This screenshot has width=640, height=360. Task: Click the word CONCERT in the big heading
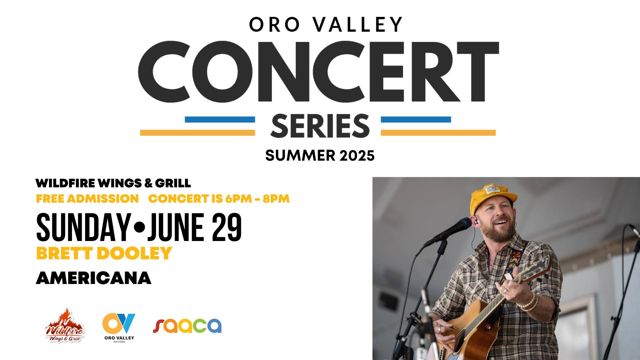pos(318,71)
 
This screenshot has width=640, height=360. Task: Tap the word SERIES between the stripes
pos(320,126)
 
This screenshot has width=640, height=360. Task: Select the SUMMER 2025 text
pos(320,156)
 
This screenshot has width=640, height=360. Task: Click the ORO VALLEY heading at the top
pos(326,24)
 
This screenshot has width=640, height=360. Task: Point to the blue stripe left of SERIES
pos(220,119)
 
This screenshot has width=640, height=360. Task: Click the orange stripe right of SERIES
pos(438,133)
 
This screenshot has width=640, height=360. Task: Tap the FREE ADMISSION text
pos(87,199)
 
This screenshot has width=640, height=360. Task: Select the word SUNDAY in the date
pos(83,228)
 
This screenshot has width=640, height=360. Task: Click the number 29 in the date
pos(226,228)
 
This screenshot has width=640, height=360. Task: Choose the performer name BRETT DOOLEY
pos(104,253)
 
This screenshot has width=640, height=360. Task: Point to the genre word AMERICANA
pos(94,278)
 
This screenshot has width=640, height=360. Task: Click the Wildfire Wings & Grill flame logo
pos(65,326)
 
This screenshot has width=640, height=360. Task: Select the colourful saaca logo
pos(187,326)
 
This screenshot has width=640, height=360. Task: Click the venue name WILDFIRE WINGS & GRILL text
pos(113,183)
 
